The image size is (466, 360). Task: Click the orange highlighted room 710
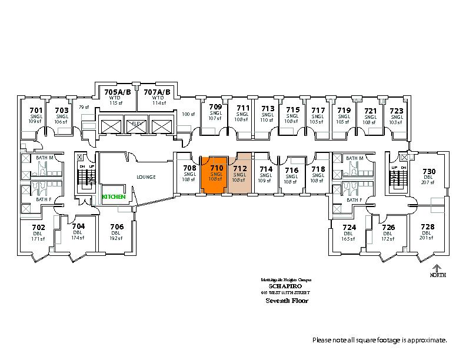pyautogui.click(x=216, y=174)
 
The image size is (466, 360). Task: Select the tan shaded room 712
pyautogui.click(x=240, y=174)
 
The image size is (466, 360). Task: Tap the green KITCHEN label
pyautogui.click(x=114, y=196)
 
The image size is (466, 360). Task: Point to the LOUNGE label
pyautogui.click(x=146, y=177)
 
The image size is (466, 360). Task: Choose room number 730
pyautogui.click(x=428, y=171)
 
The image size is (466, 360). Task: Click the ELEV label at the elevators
pyautogui.click(x=137, y=124)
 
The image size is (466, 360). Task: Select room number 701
pyautogui.click(x=36, y=109)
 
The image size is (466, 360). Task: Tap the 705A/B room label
pyautogui.click(x=116, y=92)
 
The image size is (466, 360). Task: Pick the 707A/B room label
pyautogui.click(x=157, y=92)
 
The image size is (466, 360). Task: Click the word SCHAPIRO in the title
pyautogui.click(x=285, y=286)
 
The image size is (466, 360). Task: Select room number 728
pyautogui.click(x=427, y=227)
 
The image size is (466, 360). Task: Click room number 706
pyautogui.click(x=116, y=227)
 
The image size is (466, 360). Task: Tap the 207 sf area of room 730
pyautogui.click(x=428, y=182)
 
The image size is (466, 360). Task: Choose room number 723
pyautogui.click(x=396, y=109)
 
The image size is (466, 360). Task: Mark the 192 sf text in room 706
pyautogui.click(x=116, y=238)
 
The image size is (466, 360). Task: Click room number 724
pyautogui.click(x=349, y=227)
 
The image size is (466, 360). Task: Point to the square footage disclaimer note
pyautogui.click(x=380, y=340)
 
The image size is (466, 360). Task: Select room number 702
pyautogui.click(x=38, y=227)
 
